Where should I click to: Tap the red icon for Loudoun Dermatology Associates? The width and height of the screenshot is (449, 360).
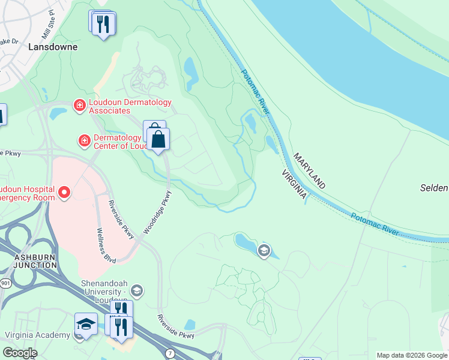[79, 106]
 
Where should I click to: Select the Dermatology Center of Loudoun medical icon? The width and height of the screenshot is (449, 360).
[85, 141]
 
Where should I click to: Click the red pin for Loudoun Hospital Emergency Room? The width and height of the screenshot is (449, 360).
[64, 193]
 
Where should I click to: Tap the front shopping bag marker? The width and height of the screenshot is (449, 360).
[158, 140]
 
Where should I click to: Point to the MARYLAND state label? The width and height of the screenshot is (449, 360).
[309, 170]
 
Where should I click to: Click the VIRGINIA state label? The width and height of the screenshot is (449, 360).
[295, 184]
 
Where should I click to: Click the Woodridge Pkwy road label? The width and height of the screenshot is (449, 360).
[157, 214]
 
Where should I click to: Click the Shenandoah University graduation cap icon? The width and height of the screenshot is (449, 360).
[136, 291]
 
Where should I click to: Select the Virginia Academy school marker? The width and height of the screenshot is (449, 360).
[86, 324]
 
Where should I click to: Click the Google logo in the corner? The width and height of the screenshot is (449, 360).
[19, 353]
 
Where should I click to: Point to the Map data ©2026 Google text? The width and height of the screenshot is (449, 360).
[412, 355]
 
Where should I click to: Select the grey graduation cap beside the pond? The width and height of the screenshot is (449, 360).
[264, 250]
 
